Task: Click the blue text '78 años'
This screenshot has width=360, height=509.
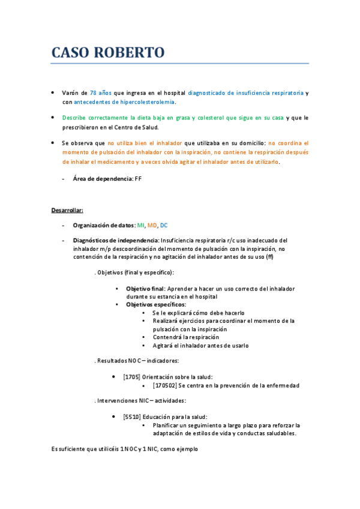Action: click(100, 93)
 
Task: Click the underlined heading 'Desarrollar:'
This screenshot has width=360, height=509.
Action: click(67, 210)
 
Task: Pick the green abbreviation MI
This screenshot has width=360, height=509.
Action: click(140, 225)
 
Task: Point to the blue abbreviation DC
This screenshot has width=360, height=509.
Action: click(164, 225)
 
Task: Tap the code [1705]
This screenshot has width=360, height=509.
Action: click(131, 377)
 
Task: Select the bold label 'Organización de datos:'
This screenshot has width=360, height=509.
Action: click(104, 225)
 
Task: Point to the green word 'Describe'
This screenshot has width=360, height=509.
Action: click(74, 118)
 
